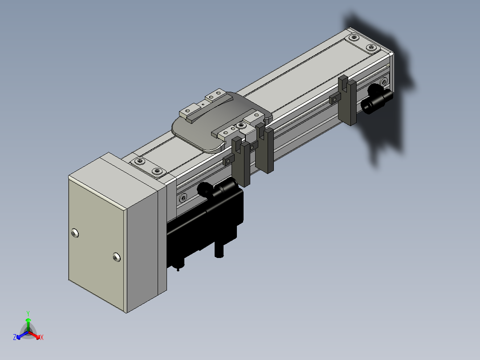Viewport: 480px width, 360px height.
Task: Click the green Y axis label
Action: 28,313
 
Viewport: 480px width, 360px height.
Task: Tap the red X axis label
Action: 42,337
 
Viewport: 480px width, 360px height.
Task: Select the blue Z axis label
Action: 15,337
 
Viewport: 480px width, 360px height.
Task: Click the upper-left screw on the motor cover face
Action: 75,233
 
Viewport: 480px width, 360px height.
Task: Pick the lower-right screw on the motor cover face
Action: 117,258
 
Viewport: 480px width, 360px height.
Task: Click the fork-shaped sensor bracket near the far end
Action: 347,101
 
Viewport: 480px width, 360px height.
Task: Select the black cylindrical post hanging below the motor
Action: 219,249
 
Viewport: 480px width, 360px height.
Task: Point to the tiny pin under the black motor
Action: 178,270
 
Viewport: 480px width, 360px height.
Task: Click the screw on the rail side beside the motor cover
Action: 183,198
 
